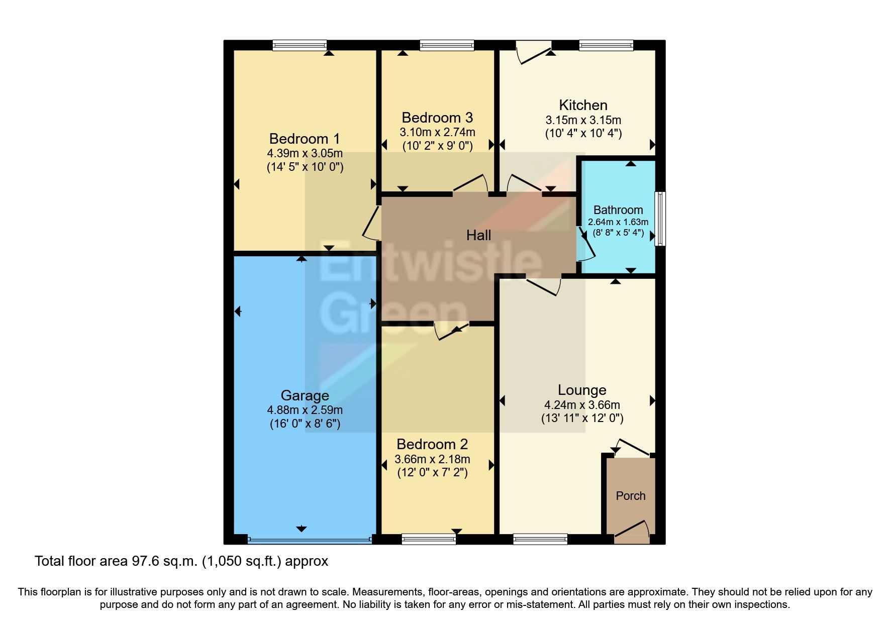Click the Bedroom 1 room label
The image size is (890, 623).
tap(305, 139)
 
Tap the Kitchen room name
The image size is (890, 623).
tap(583, 105)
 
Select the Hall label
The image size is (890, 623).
tap(478, 235)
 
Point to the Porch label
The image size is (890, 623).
tap(631, 496)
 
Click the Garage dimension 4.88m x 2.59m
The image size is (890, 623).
tap(305, 410)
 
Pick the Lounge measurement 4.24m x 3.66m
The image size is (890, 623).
tap(582, 405)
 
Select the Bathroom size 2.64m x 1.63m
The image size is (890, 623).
tap(618, 222)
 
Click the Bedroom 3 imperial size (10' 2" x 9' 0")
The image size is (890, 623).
tap(437, 146)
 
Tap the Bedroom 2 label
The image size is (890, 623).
tap(432, 444)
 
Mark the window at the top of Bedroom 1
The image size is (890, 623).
tap(300, 46)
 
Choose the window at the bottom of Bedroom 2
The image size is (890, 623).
tap(429, 539)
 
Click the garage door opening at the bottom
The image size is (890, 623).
tap(310, 540)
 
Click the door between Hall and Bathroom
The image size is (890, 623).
tap(585, 245)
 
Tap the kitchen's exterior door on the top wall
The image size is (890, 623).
tap(534, 52)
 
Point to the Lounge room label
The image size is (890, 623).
tap(582, 390)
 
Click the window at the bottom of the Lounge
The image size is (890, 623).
tap(540, 539)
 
